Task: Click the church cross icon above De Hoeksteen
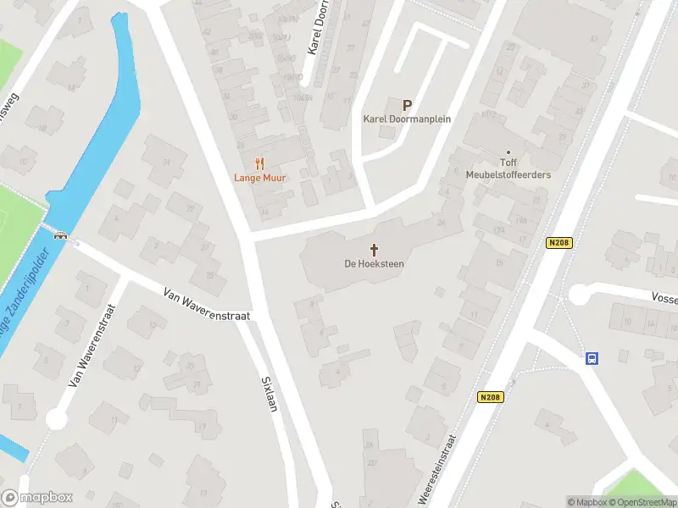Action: pos(374,249)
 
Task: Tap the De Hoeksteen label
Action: pos(374,264)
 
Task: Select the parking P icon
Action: pos(407,106)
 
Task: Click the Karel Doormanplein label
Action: pos(407,119)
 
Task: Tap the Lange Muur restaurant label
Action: pos(259,178)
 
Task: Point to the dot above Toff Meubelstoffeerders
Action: pos(508,152)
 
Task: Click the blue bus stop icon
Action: pos(592,358)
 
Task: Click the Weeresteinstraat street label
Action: pos(437,471)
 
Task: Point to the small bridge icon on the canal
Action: pos(60,236)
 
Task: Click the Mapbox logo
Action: pos(37,498)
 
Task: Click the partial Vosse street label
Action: pos(664,298)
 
